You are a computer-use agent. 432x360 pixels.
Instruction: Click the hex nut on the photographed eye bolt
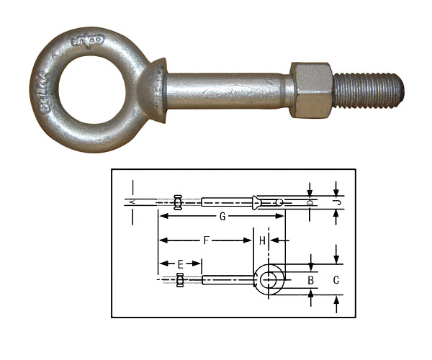(311, 90)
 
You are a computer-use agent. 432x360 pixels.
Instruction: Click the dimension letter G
(222, 216)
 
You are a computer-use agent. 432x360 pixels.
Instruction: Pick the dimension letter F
(206, 240)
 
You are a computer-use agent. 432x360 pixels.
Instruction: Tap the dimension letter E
(180, 264)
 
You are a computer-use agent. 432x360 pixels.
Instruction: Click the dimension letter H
(263, 240)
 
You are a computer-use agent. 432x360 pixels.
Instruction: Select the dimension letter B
(310, 279)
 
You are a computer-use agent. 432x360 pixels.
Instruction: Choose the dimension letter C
(336, 279)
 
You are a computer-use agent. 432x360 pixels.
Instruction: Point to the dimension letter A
(132, 202)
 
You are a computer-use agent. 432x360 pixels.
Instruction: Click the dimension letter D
(310, 202)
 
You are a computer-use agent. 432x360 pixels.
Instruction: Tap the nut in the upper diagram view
(178, 202)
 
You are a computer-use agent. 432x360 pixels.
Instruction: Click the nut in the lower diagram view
(180, 279)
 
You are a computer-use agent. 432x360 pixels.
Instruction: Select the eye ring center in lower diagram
(269, 279)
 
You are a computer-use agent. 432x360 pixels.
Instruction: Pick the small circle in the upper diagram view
(279, 202)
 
